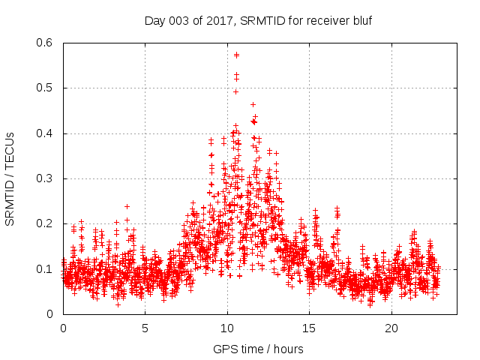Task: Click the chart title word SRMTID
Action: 263,20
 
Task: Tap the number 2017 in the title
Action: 224,20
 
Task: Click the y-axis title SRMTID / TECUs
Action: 10,178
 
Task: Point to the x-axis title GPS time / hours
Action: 257,349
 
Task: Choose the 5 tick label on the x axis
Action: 145,328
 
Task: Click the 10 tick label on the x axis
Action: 227,328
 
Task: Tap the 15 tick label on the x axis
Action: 309,328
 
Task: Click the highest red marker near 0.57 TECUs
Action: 236,55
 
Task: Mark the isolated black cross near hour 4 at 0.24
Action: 127,206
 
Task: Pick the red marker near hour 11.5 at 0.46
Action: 253,104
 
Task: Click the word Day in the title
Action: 154,20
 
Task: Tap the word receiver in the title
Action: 325,20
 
